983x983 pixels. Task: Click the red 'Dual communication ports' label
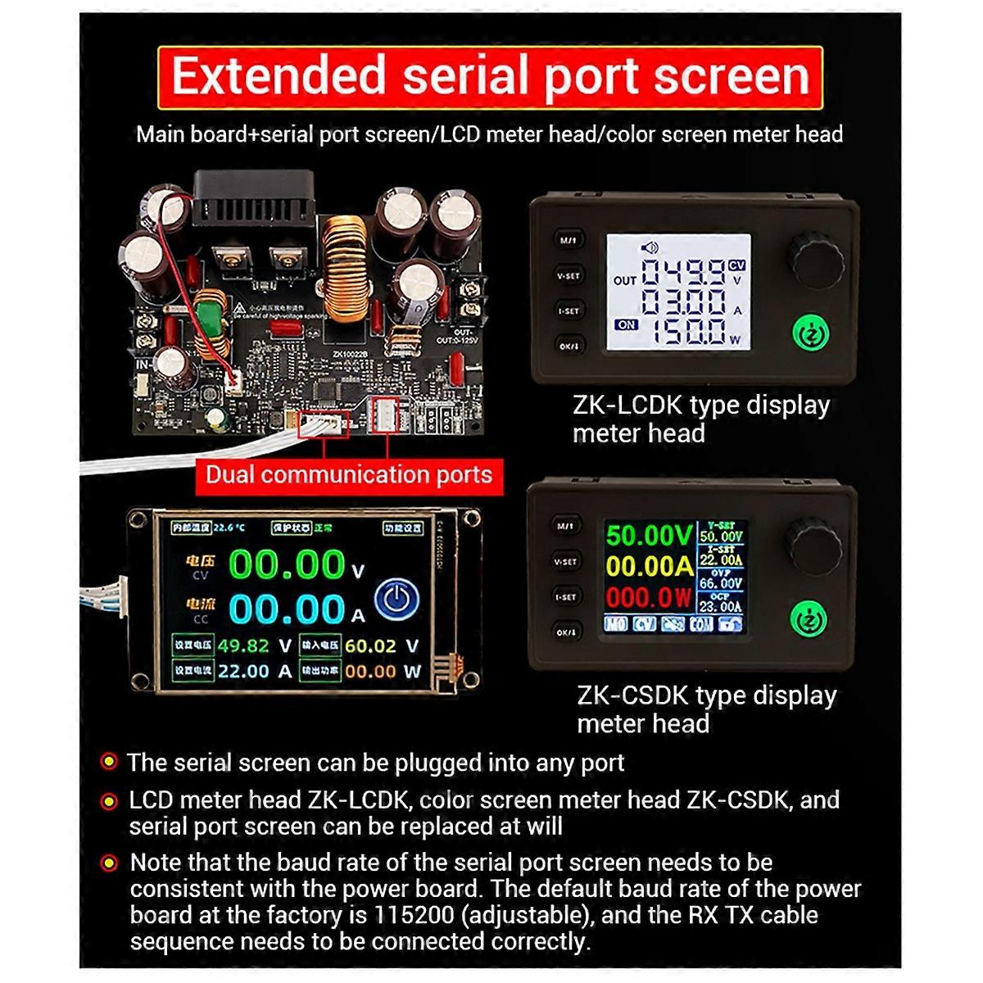coord(348,475)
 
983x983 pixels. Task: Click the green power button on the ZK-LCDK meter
coord(811,334)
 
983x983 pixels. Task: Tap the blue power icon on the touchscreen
coord(396,600)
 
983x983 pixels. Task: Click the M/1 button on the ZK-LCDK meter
coord(568,241)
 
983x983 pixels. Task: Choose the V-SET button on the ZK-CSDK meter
coord(566,562)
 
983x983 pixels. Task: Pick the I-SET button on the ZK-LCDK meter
coord(568,311)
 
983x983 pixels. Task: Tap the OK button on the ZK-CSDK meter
coord(566,632)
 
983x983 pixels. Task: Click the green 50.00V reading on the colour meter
coord(649,536)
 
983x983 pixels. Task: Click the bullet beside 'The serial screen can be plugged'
coord(108,763)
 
